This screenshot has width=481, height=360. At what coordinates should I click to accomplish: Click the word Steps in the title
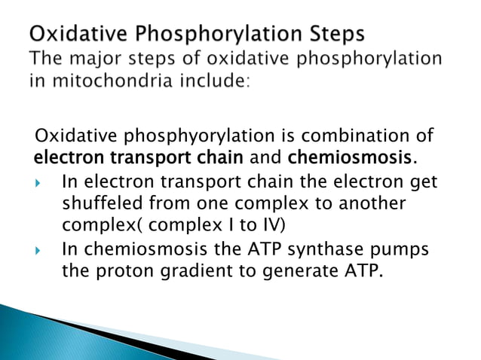(x=325, y=35)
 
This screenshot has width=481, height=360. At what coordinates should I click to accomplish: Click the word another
(x=364, y=205)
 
